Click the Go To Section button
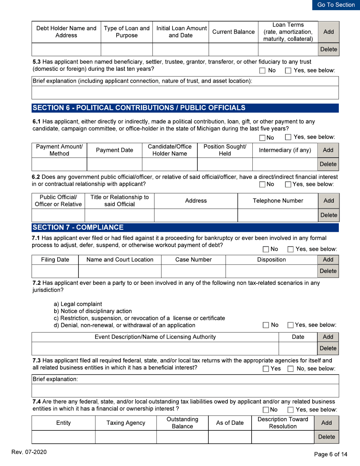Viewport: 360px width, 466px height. point(336,5)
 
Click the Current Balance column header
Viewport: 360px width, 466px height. point(233,33)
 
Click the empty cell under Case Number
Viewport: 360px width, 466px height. point(193,271)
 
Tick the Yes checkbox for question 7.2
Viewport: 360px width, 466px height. point(291,325)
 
